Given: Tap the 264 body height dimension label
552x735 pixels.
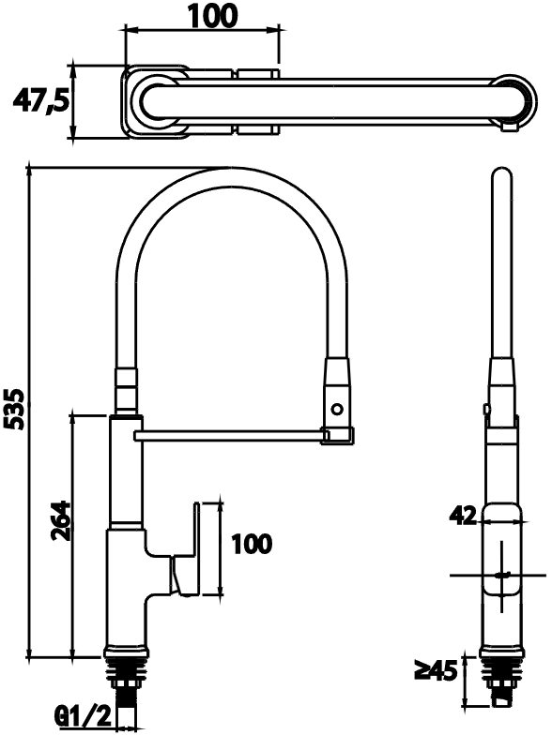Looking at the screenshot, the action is [x=60, y=521].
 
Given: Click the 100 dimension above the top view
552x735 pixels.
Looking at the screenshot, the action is [x=210, y=15].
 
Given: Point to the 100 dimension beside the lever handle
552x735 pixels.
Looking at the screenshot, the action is [x=252, y=544].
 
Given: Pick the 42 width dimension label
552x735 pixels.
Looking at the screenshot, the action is [x=463, y=516].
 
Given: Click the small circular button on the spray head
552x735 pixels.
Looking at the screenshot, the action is [x=336, y=409].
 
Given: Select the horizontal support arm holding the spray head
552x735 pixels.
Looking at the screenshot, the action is [x=230, y=436].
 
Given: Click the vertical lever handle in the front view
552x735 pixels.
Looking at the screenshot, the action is [x=197, y=549].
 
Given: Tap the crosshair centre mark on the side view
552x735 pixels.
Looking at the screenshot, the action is [x=501, y=576].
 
